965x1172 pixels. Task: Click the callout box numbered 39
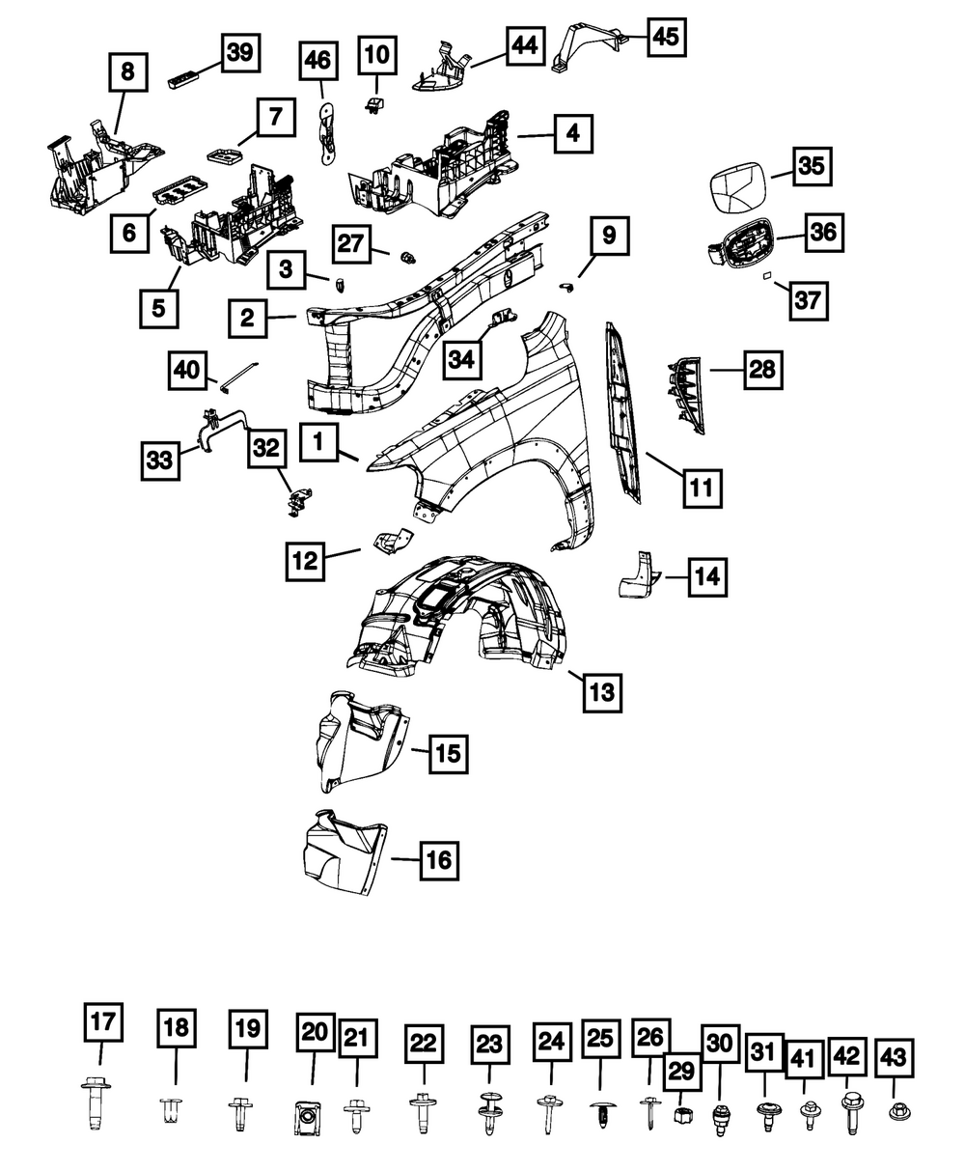(x=240, y=53)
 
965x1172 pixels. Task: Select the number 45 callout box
(x=666, y=37)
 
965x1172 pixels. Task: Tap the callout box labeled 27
(x=351, y=243)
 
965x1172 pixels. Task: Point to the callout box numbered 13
(x=602, y=692)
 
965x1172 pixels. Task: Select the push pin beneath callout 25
(x=602, y=1114)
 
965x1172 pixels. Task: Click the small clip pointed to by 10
(x=375, y=104)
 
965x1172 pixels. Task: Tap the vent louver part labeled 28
(x=685, y=395)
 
